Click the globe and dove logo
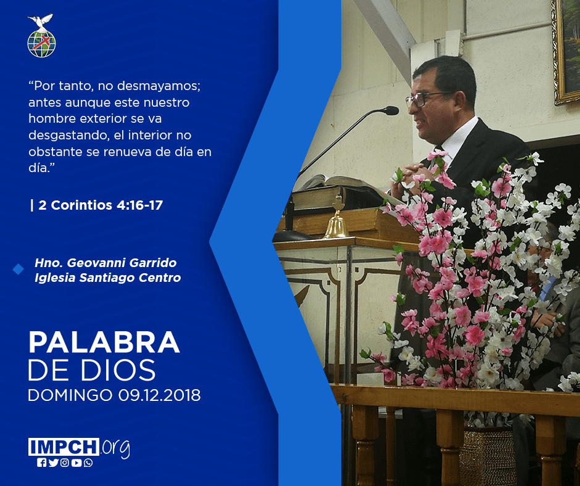(41, 36)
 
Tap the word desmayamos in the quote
(159, 86)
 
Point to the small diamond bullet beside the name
(18, 270)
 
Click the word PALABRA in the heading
(104, 343)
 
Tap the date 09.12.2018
(159, 395)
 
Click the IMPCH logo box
(64, 447)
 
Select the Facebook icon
(41, 463)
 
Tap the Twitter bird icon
(53, 463)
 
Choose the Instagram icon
(65, 463)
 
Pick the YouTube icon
(77, 463)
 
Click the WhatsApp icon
(88, 463)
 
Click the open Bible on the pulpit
(346, 185)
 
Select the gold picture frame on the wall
(565, 52)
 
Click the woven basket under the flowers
(487, 456)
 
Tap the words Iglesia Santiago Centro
(107, 278)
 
